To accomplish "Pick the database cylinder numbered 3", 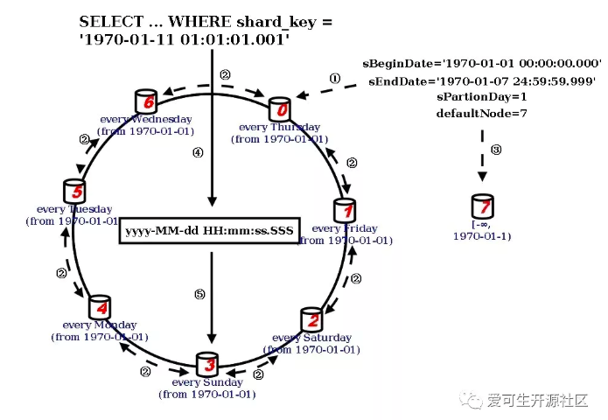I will coord(207,364).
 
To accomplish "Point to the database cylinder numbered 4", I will coord(101,307).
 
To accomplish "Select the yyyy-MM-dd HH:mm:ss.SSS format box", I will coord(210,231).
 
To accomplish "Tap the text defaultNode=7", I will coord(482,114).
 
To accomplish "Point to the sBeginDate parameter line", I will coord(482,64).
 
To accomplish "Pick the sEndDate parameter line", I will coord(482,80).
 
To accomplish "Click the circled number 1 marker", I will coord(334,78).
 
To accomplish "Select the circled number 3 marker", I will coord(496,150).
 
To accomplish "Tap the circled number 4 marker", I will coord(198,152).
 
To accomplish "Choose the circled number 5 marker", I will coord(198,295).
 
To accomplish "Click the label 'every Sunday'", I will coord(207,382).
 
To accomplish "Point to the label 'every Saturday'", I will coord(312,338).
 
